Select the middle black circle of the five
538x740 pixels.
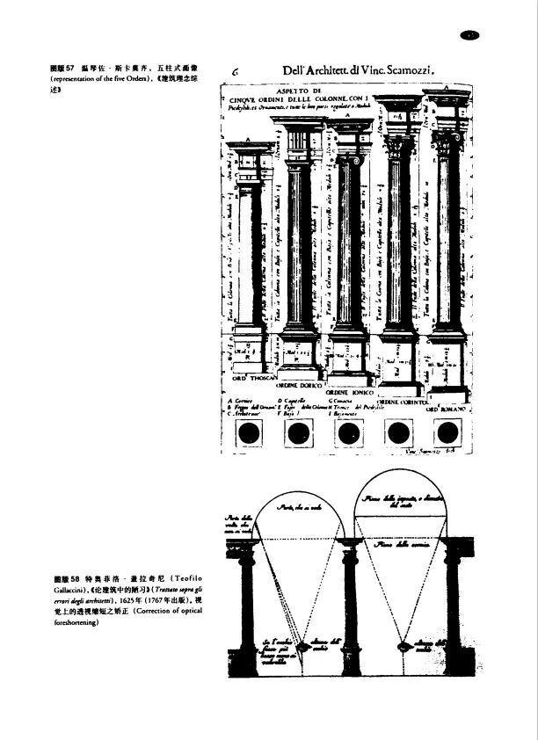350,432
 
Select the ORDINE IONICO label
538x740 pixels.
350,392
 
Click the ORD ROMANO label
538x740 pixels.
448,409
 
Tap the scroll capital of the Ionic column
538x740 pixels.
350,160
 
